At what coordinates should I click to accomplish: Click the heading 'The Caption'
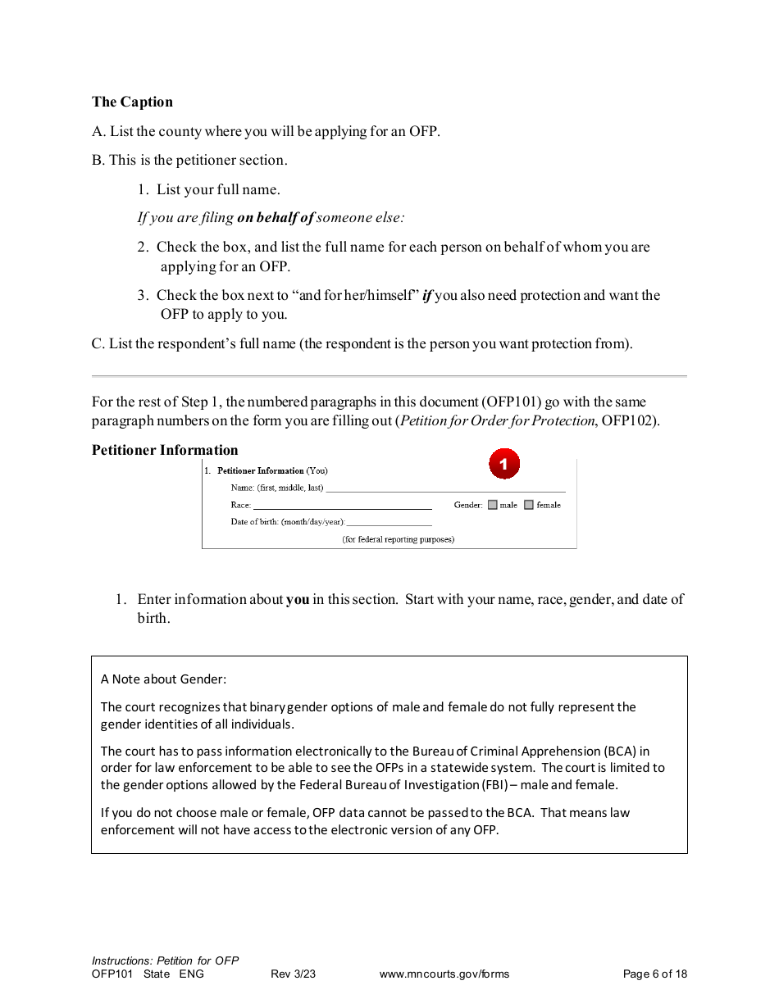tap(132, 102)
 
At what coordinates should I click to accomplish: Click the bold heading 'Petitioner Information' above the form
tap(165, 450)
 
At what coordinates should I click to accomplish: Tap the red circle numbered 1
tap(504, 464)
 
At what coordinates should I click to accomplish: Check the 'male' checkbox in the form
tap(493, 505)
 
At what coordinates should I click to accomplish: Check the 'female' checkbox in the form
tap(529, 505)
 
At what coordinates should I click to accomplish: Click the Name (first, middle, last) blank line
tap(444, 488)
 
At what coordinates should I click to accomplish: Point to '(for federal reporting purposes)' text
tap(398, 539)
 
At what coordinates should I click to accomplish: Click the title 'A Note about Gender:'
tap(163, 679)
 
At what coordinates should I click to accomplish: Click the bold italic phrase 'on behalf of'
tap(275, 218)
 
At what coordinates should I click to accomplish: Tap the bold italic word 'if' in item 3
tap(426, 295)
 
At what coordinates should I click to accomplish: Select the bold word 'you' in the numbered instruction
tap(298, 599)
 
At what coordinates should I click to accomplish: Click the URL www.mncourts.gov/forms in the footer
tap(444, 974)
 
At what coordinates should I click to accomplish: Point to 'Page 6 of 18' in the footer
tap(654, 974)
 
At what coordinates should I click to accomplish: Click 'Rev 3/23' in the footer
tap(293, 974)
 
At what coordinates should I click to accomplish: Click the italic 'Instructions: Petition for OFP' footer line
tap(165, 960)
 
